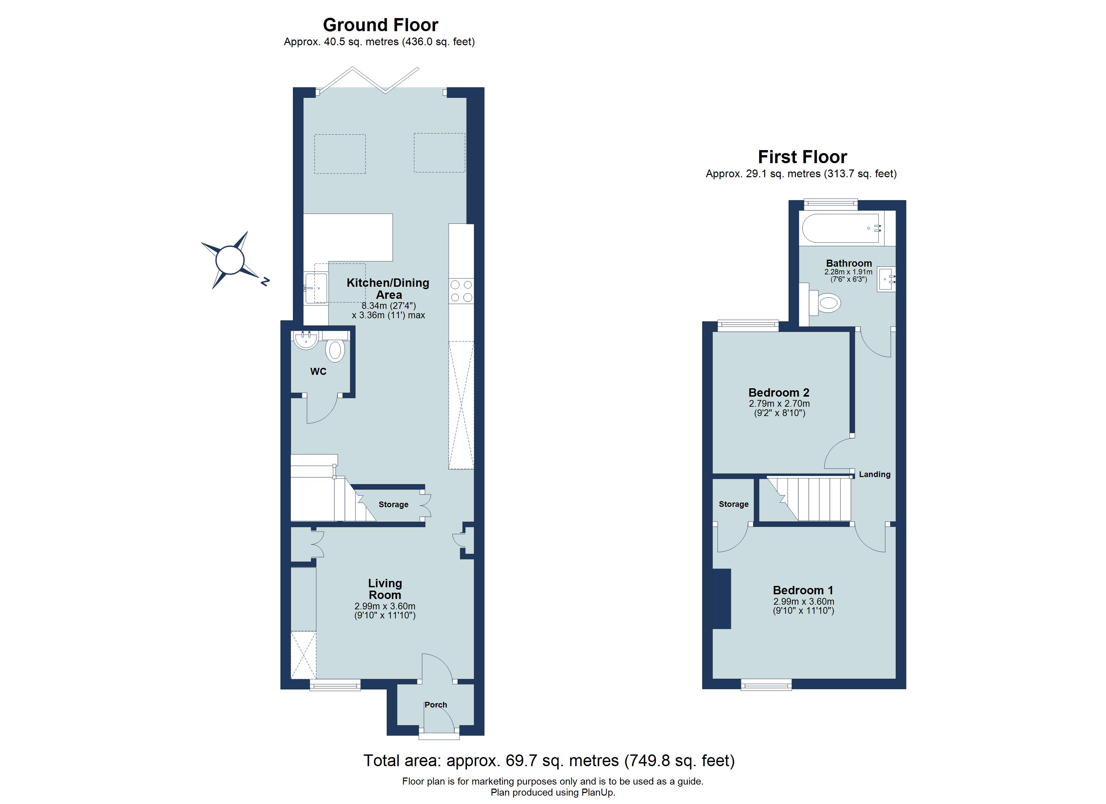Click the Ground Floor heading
point(380,25)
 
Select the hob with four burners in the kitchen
point(461,290)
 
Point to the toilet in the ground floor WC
point(335,350)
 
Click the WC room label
point(318,372)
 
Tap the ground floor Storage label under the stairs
point(393,505)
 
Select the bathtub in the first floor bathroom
point(840,228)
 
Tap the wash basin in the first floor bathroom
point(885,279)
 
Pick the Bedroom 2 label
point(779,393)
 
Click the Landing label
point(874,474)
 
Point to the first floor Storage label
point(733,504)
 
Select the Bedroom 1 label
point(803,591)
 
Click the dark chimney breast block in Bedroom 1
point(722,599)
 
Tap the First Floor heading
point(802,157)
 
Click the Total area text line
point(549,760)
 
